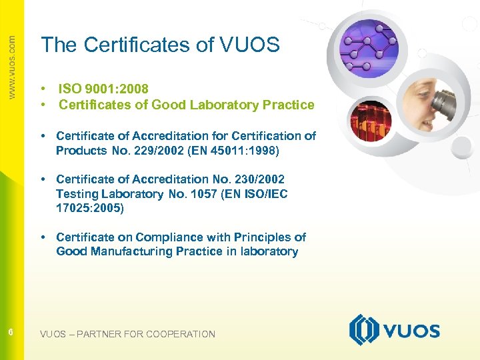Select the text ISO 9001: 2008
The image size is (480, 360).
[x=103, y=89]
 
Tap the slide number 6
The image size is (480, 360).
[x=11, y=332]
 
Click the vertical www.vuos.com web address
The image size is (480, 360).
[x=11, y=67]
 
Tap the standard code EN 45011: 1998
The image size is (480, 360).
[x=237, y=151]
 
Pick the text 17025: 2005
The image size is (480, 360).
[x=90, y=208]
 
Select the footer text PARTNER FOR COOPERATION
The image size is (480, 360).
[x=146, y=334]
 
